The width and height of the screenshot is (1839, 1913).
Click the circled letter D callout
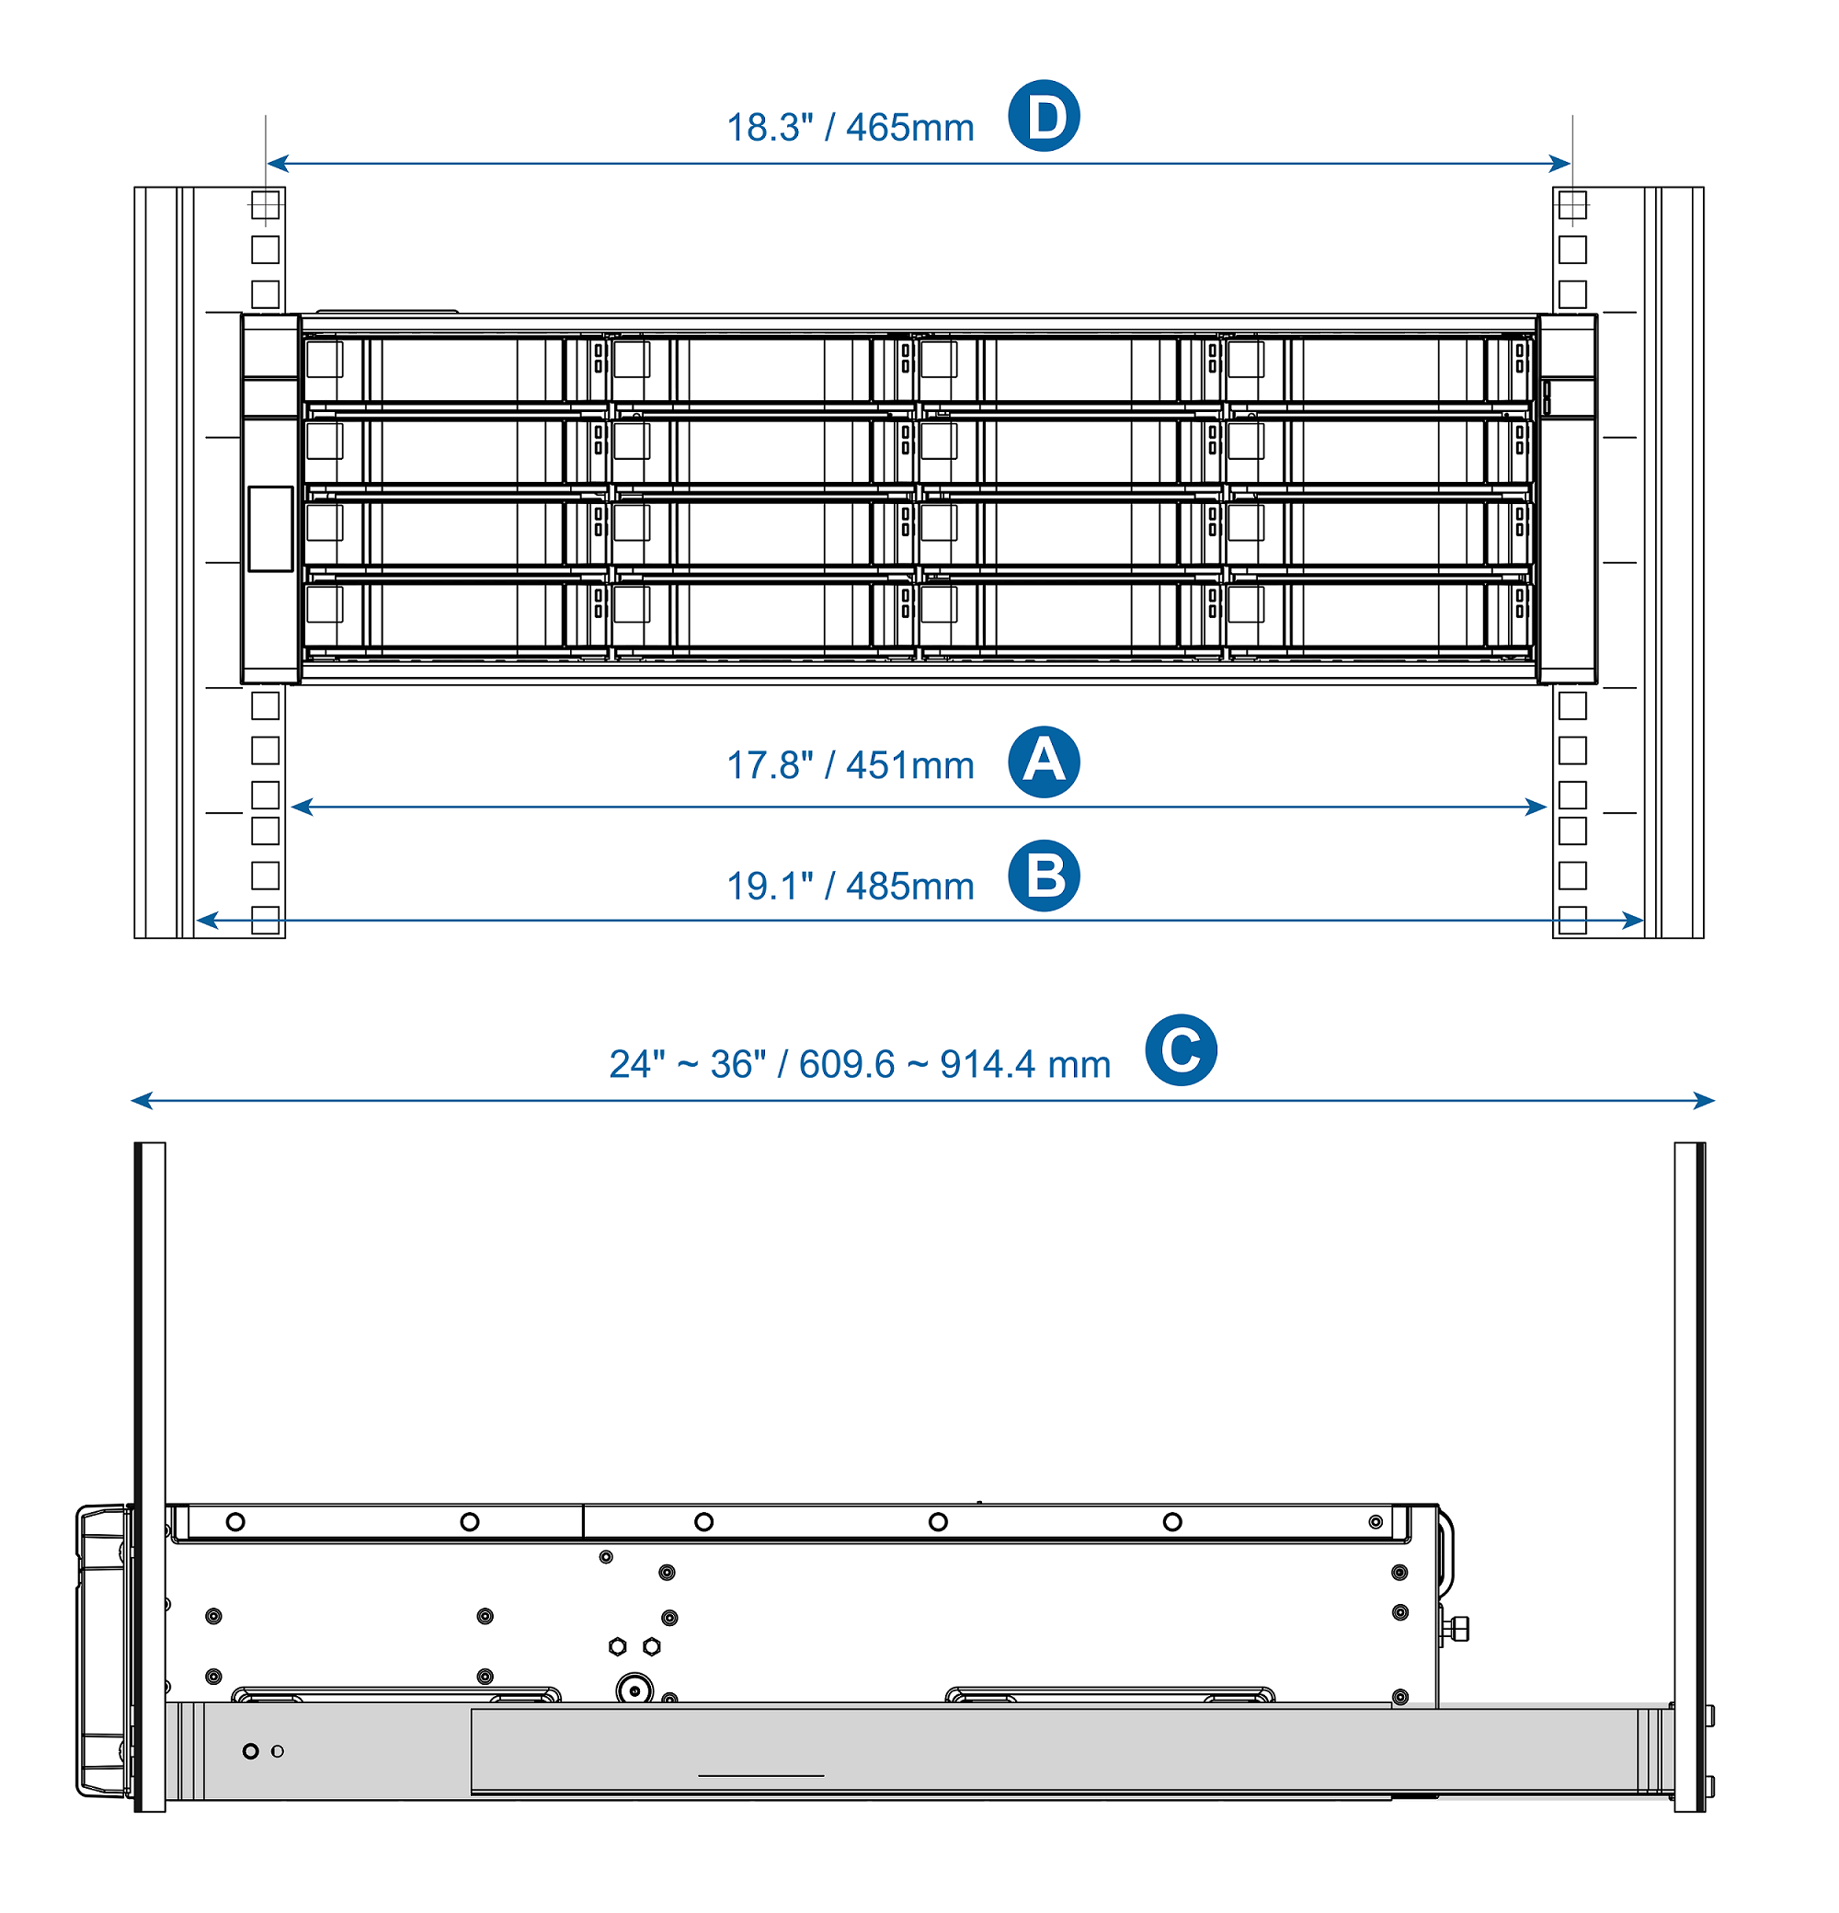point(1043,116)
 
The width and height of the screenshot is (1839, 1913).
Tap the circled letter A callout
point(1043,762)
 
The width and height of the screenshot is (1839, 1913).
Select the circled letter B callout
point(1043,876)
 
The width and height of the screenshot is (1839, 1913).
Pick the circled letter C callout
point(1181,1050)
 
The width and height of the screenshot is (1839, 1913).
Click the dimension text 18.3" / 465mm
point(850,128)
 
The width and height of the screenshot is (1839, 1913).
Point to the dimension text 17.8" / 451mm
point(850,766)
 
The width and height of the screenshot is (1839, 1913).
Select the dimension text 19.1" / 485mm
point(850,887)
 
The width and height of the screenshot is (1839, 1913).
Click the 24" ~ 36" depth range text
point(860,1064)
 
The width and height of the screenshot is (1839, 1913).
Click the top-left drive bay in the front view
point(455,369)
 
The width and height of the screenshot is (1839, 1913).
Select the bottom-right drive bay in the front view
point(1378,615)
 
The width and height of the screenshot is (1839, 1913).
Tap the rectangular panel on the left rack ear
point(270,528)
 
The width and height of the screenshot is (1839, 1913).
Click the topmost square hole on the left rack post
point(266,205)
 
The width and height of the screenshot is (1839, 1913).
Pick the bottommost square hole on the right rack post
point(1571,920)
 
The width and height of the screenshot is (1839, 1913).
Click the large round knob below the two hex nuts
point(635,1689)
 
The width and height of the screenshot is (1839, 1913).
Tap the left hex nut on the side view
point(618,1646)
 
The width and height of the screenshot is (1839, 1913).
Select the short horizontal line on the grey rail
point(761,1775)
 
